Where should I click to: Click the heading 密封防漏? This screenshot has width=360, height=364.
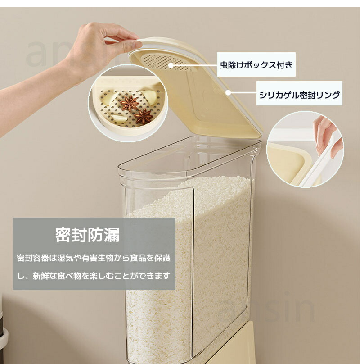coord(87,235)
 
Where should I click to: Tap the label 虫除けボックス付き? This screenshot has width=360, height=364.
coord(256,65)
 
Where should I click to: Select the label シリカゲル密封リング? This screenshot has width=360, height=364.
coord(299,95)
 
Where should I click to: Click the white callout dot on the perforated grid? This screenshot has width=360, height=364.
coord(171,65)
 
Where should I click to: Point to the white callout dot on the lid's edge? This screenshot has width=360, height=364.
coord(228,93)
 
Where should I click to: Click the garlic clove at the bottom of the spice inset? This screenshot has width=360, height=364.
coord(119,118)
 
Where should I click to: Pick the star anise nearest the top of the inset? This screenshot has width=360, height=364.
coord(130,103)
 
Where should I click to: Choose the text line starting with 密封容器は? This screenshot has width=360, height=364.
coord(94,258)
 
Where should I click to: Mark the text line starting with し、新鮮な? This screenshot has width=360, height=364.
coord(94,276)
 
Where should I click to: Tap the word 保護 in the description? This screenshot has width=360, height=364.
coord(162,258)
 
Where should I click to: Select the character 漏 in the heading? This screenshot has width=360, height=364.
coord(112,235)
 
